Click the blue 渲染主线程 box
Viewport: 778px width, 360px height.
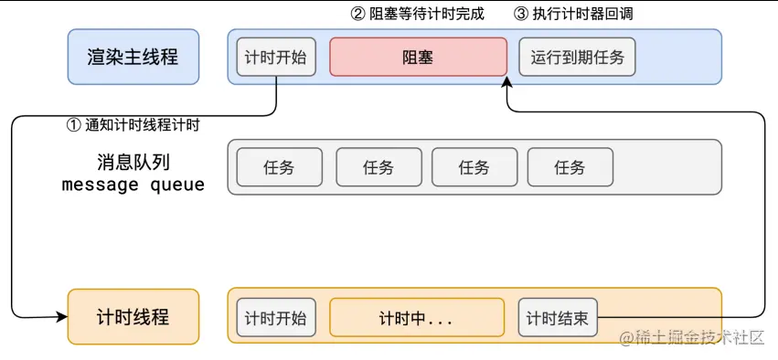pos(133,57)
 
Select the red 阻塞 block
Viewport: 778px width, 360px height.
pos(418,57)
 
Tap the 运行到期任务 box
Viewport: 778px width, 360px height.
pos(577,57)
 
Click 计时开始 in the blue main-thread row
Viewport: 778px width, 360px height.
pos(276,57)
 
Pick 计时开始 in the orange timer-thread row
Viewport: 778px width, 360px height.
pos(276,319)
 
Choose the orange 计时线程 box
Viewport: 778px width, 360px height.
pos(133,317)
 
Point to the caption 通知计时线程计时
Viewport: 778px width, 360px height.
pos(143,125)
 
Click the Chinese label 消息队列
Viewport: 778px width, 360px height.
pos(133,162)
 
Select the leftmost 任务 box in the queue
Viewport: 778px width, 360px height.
pos(279,167)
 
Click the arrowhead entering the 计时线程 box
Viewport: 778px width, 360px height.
pos(63,317)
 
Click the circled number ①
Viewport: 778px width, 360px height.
pos(74,125)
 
